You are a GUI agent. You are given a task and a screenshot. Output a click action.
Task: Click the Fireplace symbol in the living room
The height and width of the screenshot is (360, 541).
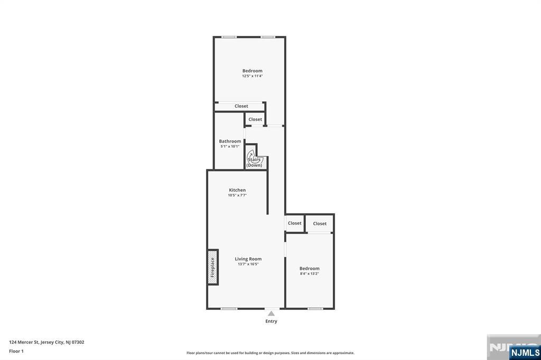(x=213, y=267)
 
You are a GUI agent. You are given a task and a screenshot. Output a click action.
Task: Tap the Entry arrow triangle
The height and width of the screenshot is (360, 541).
(x=271, y=314)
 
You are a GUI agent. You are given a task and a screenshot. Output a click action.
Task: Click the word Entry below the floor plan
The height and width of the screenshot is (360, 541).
(x=271, y=321)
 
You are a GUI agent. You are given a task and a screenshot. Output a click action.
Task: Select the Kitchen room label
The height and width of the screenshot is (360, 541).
(x=237, y=190)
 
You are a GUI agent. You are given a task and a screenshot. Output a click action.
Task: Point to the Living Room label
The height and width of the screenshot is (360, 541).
(x=248, y=259)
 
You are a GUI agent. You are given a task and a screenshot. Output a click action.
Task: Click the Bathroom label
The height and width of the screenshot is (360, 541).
(x=230, y=141)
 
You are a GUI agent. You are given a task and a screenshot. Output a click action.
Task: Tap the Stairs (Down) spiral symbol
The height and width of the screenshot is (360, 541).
(x=255, y=158)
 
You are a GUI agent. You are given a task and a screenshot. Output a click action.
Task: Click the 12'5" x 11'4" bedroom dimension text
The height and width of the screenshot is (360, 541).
(x=252, y=76)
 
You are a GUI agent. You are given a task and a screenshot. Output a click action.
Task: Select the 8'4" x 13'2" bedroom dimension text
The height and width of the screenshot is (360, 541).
(x=309, y=273)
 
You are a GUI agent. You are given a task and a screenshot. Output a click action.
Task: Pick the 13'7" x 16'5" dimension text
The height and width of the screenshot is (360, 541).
(x=248, y=264)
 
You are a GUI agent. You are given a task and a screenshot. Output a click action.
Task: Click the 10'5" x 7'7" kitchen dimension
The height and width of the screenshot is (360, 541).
(x=237, y=195)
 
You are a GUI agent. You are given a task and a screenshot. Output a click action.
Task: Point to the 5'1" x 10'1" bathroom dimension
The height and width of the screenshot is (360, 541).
(x=230, y=146)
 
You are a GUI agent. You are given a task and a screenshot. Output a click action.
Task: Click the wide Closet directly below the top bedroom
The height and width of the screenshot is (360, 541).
(x=241, y=106)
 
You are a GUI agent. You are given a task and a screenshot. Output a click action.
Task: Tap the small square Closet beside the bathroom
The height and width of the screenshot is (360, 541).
(x=255, y=119)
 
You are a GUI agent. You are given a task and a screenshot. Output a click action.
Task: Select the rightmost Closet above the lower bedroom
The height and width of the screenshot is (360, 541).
(x=320, y=223)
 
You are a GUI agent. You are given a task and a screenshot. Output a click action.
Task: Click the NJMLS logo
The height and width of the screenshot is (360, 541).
(x=525, y=353)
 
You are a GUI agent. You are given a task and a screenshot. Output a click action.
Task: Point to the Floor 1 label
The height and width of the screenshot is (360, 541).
(x=16, y=351)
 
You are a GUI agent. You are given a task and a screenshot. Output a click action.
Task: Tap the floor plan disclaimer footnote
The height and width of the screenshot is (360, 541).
(x=270, y=353)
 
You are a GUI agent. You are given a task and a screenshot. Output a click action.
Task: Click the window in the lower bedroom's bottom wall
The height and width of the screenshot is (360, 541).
(x=315, y=308)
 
